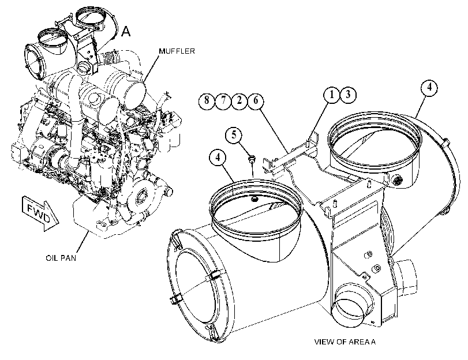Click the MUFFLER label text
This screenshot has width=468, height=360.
[177, 51]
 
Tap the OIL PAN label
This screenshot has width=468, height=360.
[61, 258]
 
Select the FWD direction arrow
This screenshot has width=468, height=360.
[40, 212]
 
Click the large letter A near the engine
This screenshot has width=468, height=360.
[126, 31]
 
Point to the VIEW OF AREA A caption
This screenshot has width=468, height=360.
[345, 342]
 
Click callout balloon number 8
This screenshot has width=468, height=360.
[207, 100]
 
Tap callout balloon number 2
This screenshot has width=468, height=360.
[239, 100]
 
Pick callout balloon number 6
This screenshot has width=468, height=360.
[256, 100]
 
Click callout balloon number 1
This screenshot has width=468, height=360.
[332, 95]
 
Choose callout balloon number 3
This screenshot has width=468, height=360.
[348, 95]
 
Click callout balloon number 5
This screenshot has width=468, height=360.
[234, 135]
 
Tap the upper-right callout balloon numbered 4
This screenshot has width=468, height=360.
[429, 87]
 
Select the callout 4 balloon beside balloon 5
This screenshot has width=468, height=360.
[218, 157]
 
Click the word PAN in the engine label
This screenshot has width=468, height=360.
[69, 258]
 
